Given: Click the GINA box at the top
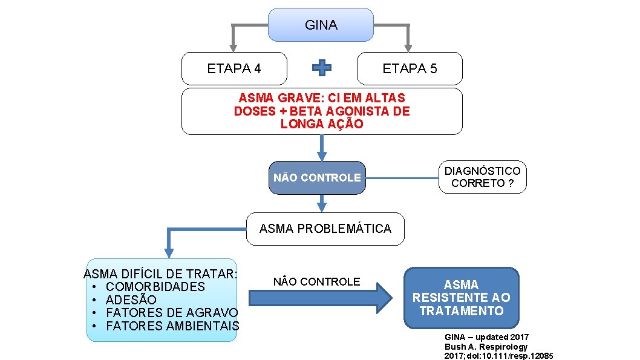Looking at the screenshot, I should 321,25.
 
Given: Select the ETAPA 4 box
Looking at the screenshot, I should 234,68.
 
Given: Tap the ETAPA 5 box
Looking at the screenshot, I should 410,68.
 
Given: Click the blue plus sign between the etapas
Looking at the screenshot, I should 321,68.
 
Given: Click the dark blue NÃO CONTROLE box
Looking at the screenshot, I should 317,178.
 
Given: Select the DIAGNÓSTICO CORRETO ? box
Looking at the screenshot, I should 482,177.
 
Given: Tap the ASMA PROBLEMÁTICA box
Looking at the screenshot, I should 325,229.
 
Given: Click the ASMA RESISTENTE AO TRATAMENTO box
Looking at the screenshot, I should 461,298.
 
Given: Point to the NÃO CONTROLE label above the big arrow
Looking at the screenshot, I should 316,282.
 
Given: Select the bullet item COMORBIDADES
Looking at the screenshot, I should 155,287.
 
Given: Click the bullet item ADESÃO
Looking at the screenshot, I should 131,300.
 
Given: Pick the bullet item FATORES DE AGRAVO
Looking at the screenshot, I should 172,313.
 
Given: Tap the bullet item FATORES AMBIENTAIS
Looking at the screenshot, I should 172,326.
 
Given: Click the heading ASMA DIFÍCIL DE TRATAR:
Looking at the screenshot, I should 161,273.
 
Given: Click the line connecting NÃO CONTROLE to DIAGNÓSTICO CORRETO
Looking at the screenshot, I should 402,178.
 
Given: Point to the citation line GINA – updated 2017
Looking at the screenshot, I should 486,336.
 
